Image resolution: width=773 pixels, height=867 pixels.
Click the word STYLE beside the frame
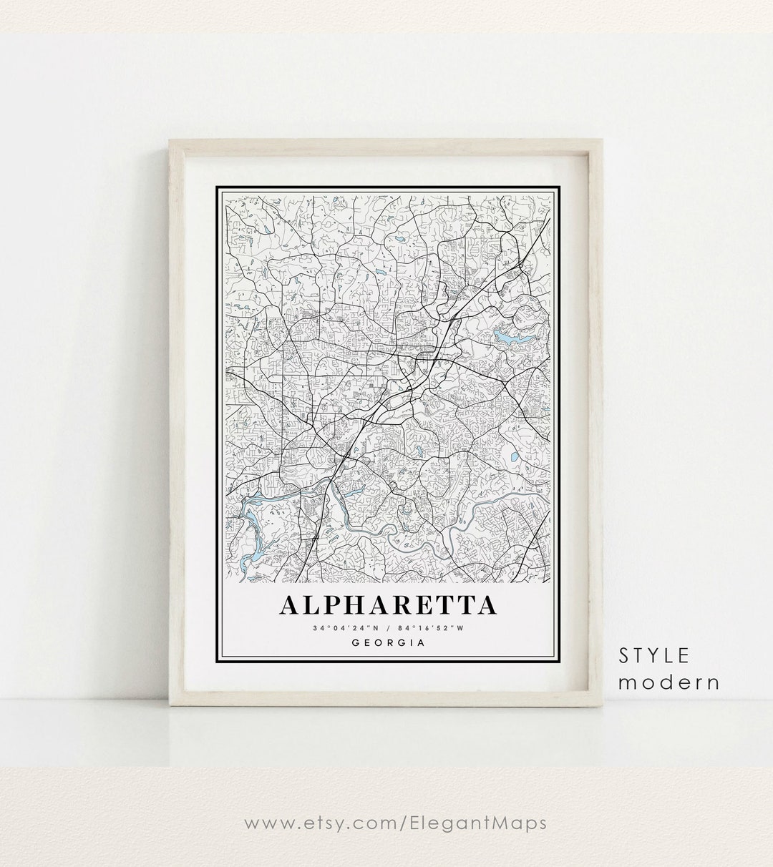[x=656, y=655]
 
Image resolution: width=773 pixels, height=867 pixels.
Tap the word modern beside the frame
[x=669, y=682]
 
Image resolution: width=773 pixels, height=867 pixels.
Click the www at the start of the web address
[x=265, y=823]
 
